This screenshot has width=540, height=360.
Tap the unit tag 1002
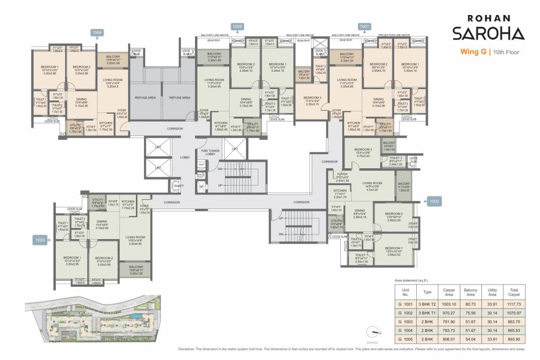435,201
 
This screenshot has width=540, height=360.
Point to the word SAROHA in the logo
488,34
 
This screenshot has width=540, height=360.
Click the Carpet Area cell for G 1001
449,304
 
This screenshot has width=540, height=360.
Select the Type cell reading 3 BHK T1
427,312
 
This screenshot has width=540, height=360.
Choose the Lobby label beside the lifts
185,157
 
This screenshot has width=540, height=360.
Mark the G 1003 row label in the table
406,321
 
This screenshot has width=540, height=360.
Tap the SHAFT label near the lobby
179,186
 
